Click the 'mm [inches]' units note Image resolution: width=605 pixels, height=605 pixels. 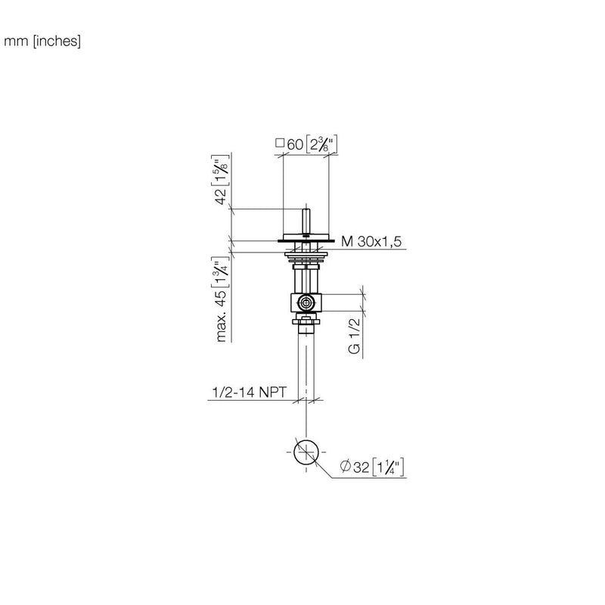pos(42,41)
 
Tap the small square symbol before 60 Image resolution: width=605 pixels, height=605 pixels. pos(280,143)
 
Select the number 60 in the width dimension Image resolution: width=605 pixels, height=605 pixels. pos(295,144)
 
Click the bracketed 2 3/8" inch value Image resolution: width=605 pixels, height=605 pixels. pos(322,144)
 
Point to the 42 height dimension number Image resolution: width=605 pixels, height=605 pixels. pos(221,197)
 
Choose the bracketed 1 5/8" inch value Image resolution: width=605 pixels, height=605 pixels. pos(221,170)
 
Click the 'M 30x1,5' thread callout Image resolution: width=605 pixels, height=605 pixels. pos(371,241)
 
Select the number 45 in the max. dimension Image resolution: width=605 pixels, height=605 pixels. pos(221,298)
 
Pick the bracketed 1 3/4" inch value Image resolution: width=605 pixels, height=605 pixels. pos(221,271)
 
